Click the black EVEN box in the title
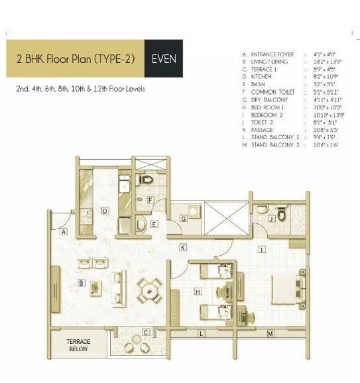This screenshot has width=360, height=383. pos(163,58)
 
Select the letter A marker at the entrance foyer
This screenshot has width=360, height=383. pos(64,233)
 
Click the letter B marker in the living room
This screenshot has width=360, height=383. pos(81,283)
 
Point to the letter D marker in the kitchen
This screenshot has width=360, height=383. pos(105,211)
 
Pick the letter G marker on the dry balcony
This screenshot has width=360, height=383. pos(184,219)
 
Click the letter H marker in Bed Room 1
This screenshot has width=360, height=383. pos(198,291)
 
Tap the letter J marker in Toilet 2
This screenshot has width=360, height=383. pos(271,218)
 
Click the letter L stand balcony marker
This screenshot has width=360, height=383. pos(200,334)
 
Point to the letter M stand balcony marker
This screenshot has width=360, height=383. pos(270,334)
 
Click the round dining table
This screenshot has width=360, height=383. pos(150,290)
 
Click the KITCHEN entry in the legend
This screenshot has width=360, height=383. pos(263,76)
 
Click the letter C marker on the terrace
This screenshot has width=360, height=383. pos(145,331)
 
